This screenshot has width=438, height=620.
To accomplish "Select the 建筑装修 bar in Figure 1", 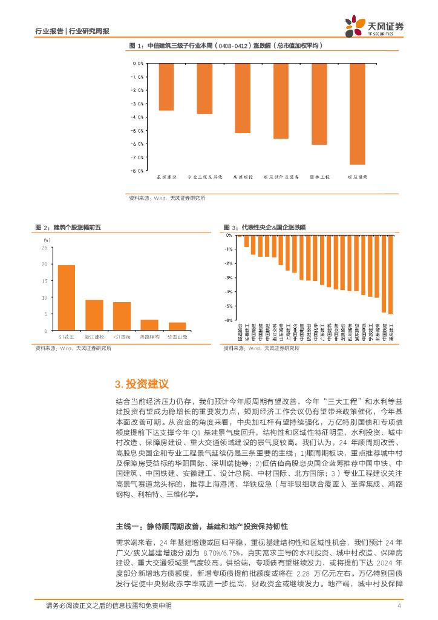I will [357, 113].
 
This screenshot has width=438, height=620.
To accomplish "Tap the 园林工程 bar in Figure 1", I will [319, 104].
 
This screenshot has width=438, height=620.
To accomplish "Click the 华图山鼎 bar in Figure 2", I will [177, 326].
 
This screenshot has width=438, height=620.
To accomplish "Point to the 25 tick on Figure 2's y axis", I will [44, 248].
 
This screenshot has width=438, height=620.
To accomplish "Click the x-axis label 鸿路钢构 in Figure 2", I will [149, 337].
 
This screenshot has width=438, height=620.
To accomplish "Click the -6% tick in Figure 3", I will [229, 320].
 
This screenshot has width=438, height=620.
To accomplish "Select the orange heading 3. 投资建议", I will [142, 384].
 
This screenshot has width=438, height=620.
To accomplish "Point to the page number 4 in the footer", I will [399, 606].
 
